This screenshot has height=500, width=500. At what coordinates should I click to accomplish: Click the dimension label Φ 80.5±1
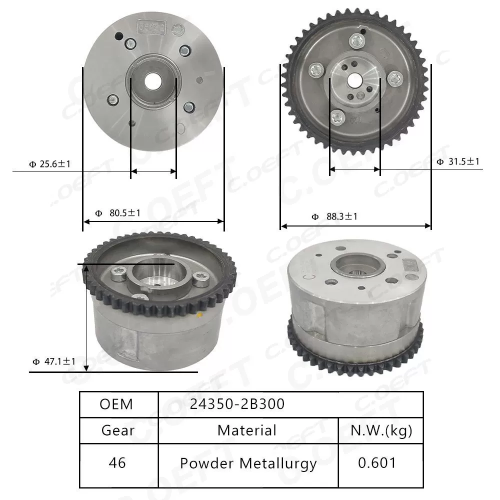[118, 213]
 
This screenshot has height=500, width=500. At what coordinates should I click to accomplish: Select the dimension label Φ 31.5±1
[458, 161]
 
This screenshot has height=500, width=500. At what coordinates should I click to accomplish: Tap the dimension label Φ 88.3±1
[334, 216]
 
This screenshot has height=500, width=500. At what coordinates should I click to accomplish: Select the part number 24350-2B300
[237, 404]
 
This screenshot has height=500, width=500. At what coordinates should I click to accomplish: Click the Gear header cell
[118, 430]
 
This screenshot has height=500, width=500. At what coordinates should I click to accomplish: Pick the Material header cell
[247, 430]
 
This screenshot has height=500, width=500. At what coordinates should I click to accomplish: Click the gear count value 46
[117, 463]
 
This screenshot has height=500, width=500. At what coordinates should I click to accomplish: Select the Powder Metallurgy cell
[248, 463]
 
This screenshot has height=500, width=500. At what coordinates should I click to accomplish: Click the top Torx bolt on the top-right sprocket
[357, 42]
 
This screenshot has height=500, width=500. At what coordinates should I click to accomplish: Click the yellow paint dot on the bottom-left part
[200, 315]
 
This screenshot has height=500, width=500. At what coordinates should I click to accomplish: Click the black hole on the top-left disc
[119, 36]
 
